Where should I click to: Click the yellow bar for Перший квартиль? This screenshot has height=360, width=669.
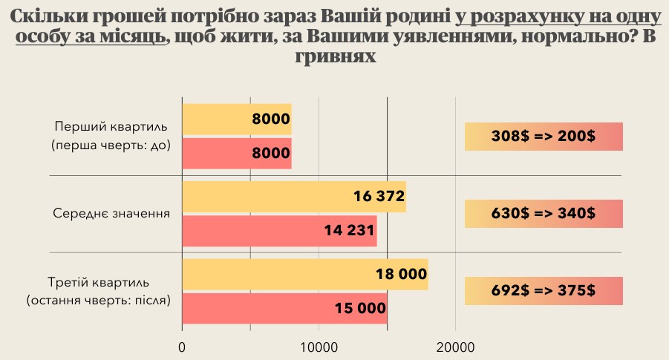click(x=236, y=119)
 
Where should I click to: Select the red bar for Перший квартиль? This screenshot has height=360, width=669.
click(x=236, y=153)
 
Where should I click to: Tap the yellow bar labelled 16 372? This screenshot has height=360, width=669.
click(x=293, y=196)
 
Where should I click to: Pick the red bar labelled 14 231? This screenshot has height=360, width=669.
click(x=279, y=230)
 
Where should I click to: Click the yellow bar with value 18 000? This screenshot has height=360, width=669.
click(x=304, y=274)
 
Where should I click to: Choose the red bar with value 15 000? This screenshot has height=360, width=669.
click(x=284, y=308)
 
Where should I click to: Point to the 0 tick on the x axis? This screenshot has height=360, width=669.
click(x=183, y=347)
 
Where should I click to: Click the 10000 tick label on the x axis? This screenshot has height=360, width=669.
click(x=319, y=347)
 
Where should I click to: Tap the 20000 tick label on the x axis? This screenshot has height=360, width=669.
click(x=455, y=347)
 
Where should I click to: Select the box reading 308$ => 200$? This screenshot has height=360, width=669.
click(x=543, y=137)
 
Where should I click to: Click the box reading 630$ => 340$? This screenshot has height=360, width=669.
click(x=543, y=214)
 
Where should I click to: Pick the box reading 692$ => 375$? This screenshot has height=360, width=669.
click(x=543, y=291)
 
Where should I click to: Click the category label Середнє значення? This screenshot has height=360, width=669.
click(x=111, y=214)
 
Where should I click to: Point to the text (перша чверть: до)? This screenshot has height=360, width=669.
click(x=111, y=145)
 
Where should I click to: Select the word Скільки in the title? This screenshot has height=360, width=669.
click(x=48, y=16)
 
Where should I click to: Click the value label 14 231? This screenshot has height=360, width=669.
click(x=349, y=231)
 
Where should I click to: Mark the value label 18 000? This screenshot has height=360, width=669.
click(x=401, y=274)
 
